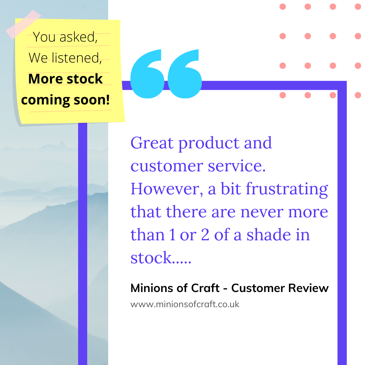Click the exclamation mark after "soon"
107,99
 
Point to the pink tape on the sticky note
23,24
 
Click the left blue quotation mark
147,74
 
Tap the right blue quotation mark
185,74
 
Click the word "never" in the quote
262,212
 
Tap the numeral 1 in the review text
172,235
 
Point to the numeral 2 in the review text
205,235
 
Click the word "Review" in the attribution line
309,288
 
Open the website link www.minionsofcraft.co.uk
185,304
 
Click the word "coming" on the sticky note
46,100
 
